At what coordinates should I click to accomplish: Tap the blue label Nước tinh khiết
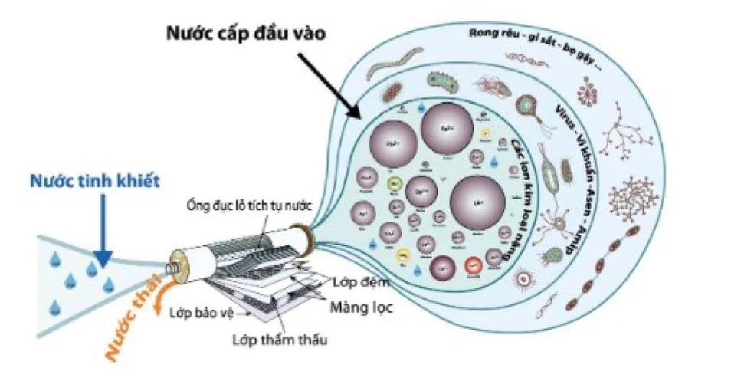point(95,181)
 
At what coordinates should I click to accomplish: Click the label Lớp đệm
point(360,282)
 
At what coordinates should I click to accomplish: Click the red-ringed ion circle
point(473,265)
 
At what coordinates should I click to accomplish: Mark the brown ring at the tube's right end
point(304,238)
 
